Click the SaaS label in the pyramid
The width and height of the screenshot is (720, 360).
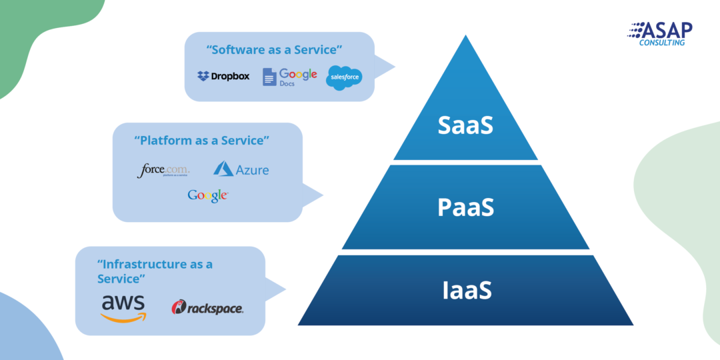click(465, 125)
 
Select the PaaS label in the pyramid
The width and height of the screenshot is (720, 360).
click(465, 207)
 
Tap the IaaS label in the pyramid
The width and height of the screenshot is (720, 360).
click(466, 291)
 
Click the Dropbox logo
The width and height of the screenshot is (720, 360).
click(223, 76)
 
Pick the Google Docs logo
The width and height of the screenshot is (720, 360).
click(289, 77)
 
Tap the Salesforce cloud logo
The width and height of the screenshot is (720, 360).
click(344, 78)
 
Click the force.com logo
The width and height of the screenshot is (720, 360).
click(163, 171)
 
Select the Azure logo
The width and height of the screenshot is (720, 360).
click(241, 169)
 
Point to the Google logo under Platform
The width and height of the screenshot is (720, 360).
click(208, 195)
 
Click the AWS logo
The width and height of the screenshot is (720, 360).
click(123, 307)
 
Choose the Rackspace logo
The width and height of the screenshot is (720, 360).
click(207, 308)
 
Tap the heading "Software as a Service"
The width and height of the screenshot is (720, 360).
click(275, 51)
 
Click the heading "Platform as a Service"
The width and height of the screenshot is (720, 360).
click(201, 141)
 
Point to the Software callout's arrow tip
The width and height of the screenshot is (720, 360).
click(394, 67)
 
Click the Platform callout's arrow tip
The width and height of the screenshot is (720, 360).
click(323, 196)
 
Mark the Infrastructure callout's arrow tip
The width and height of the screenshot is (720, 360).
click(285, 289)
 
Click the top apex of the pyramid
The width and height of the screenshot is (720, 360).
click(466, 37)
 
